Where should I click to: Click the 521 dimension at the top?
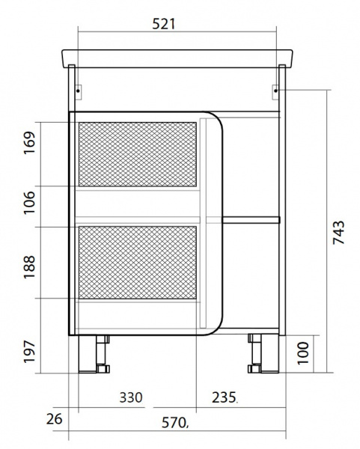163,24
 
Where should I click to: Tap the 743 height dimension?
338,232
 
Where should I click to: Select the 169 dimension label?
29,143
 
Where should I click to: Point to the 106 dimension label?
29,203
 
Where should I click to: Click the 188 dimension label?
29,267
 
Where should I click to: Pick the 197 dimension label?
29,352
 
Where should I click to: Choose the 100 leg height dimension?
303,353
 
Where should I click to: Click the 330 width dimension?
131,397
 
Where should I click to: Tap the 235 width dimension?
224,397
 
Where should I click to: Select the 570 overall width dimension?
174,422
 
